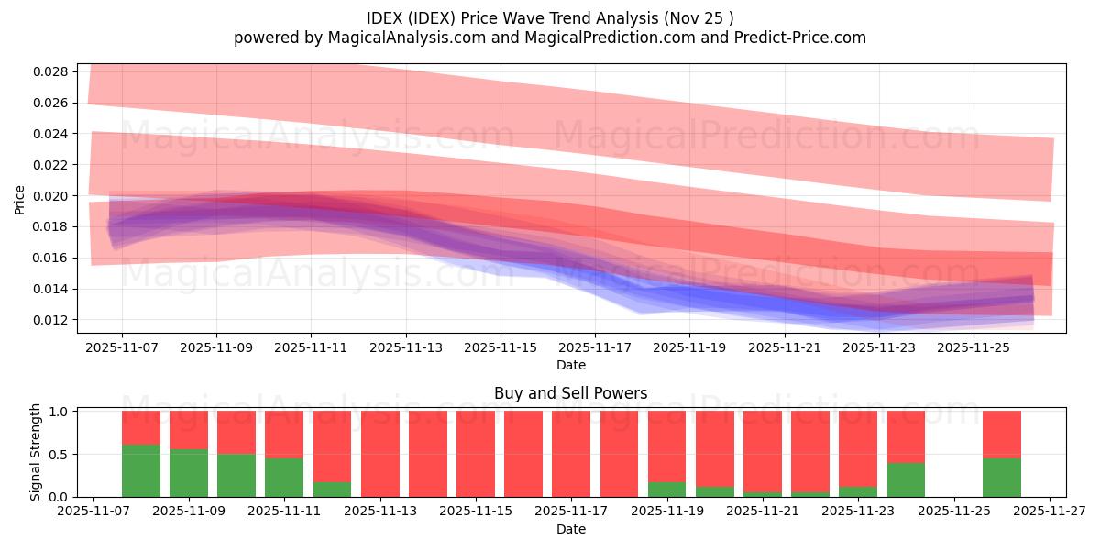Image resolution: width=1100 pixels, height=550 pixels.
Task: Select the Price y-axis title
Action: click(20, 199)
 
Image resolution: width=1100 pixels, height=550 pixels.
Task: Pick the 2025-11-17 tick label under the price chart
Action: click(595, 347)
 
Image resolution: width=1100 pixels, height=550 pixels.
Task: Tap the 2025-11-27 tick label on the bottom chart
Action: click(1050, 511)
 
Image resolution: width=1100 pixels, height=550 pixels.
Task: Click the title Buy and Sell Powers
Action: click(570, 393)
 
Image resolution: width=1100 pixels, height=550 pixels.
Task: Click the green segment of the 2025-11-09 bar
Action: click(189, 473)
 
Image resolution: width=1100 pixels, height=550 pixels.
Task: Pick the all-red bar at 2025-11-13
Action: click(379, 454)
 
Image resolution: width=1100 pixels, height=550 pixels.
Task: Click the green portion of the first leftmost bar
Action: click(141, 470)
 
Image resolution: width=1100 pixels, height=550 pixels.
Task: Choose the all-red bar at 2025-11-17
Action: click(570, 454)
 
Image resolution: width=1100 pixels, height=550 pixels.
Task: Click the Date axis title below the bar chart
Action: click(570, 529)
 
